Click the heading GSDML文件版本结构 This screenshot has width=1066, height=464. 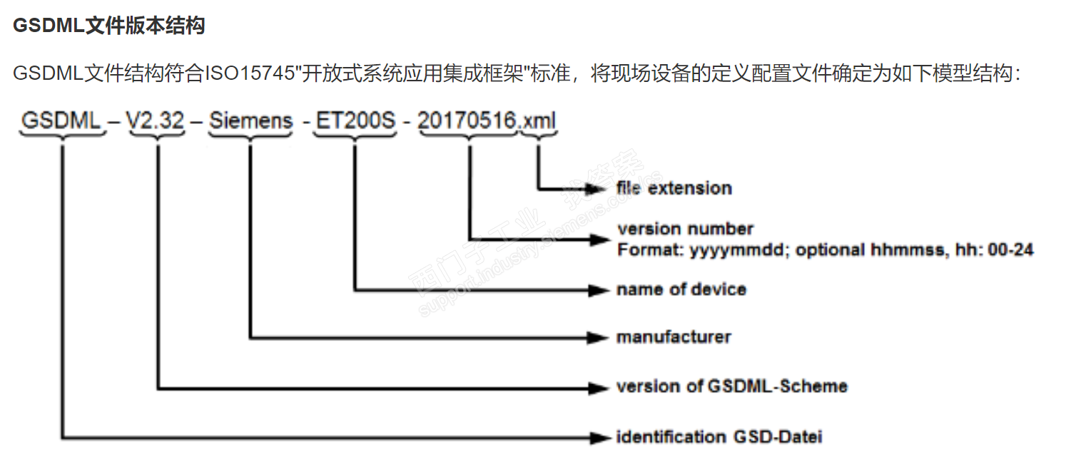click(108, 26)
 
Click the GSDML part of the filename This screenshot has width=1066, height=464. click(61, 120)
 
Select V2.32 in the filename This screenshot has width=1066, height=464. click(156, 120)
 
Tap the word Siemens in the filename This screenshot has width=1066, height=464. click(251, 120)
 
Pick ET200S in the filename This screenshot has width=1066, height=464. click(355, 120)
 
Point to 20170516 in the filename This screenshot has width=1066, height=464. click(467, 120)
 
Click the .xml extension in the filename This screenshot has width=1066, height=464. click(538, 120)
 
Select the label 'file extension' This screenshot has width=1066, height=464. click(674, 188)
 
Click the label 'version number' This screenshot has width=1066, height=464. click(685, 229)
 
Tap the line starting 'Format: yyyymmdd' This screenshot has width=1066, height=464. click(825, 249)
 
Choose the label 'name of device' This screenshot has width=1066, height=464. click(681, 289)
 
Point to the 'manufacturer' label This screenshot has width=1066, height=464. click(674, 336)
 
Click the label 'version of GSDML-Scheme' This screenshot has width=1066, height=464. click(731, 386)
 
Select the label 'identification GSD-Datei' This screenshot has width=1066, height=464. click(719, 436)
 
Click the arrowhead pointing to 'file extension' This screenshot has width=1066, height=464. click(597, 189)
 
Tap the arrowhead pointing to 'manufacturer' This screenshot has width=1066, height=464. click(597, 336)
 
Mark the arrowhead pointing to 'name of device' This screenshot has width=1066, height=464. click(597, 290)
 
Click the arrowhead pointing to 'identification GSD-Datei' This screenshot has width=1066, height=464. click(597, 437)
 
